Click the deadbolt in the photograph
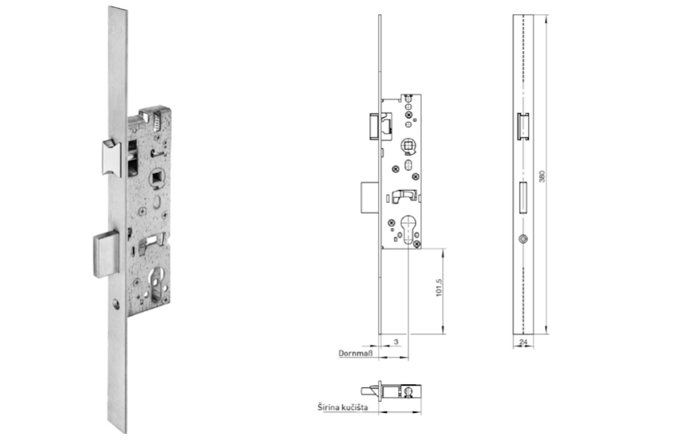coord(106,253)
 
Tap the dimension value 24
coord(523,342)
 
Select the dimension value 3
coord(396,342)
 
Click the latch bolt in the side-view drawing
coord(375,127)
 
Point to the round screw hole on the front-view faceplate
coord(523,238)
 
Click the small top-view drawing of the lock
coord(396,393)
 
